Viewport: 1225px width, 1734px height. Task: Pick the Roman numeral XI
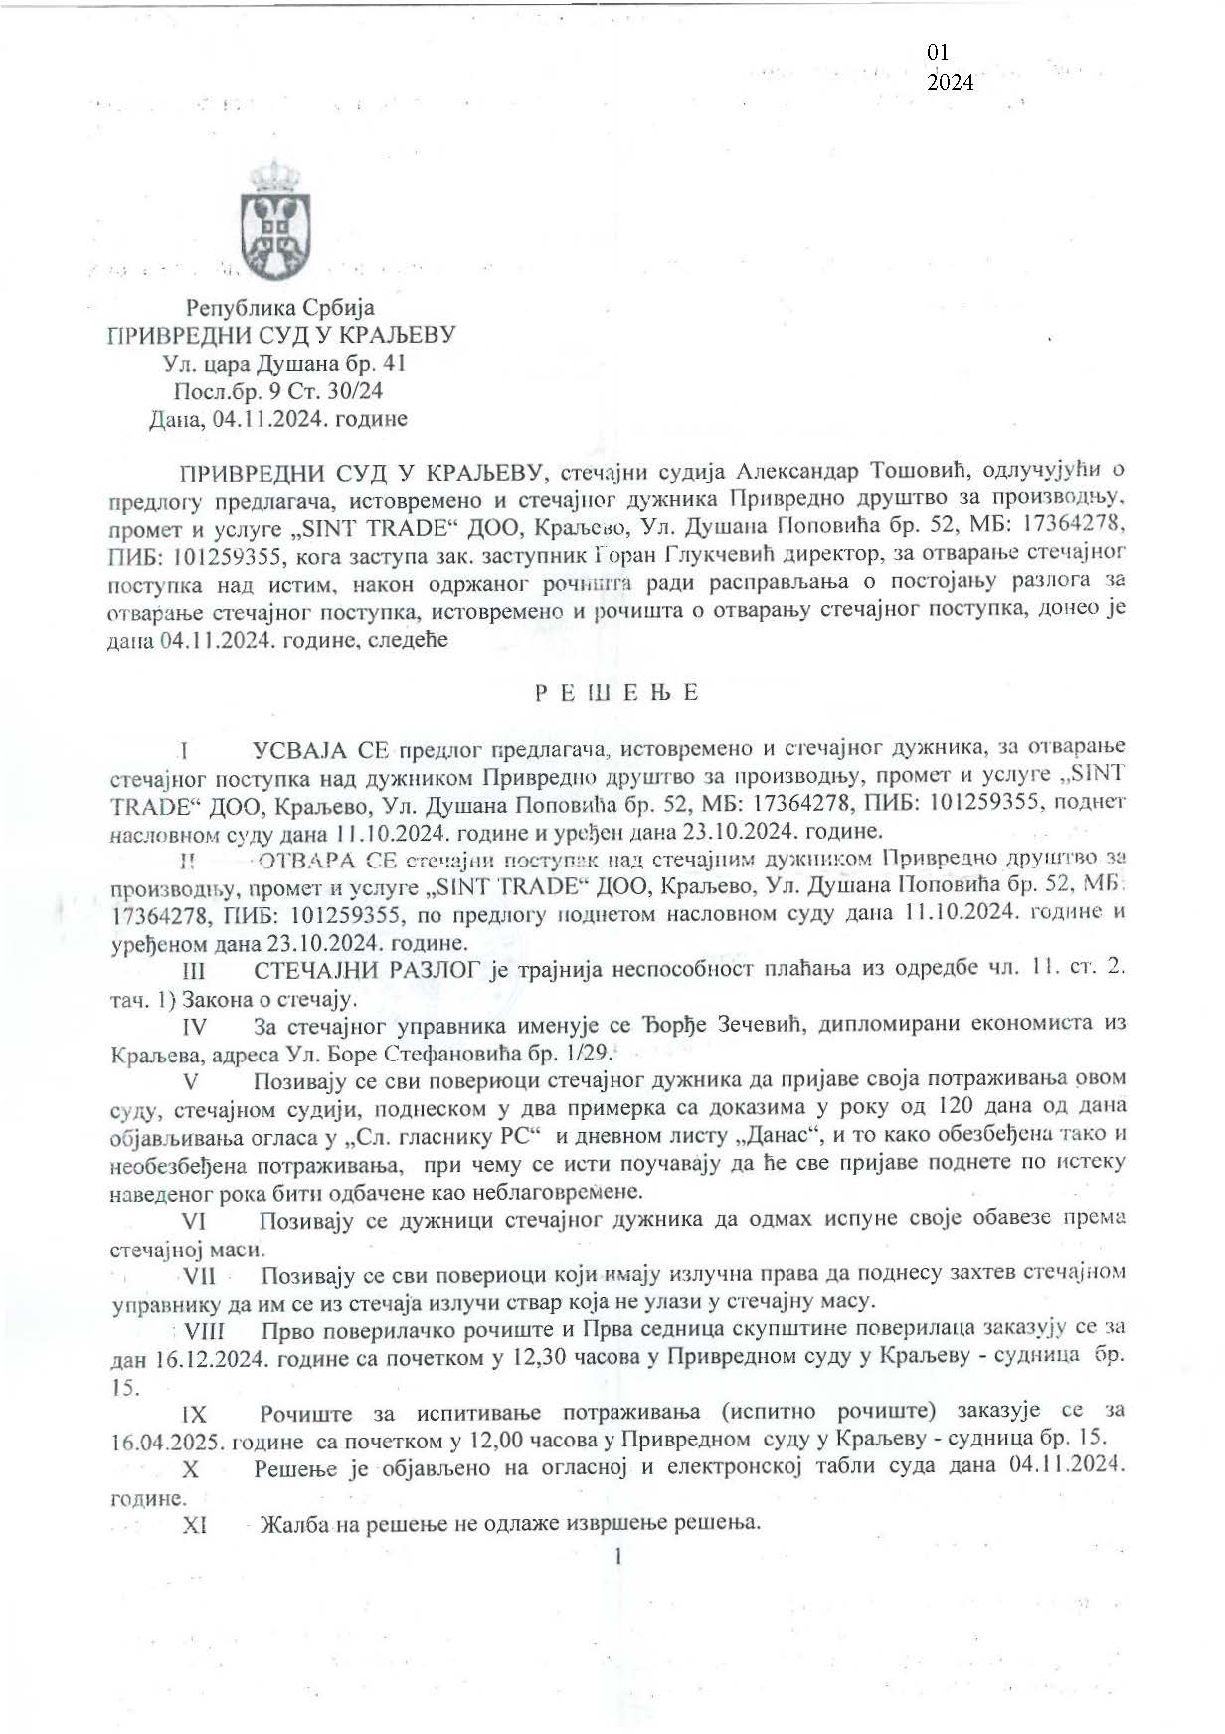[194, 1525]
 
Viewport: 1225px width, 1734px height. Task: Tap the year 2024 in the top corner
[950, 83]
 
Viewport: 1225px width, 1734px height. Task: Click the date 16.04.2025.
[168, 1440]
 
